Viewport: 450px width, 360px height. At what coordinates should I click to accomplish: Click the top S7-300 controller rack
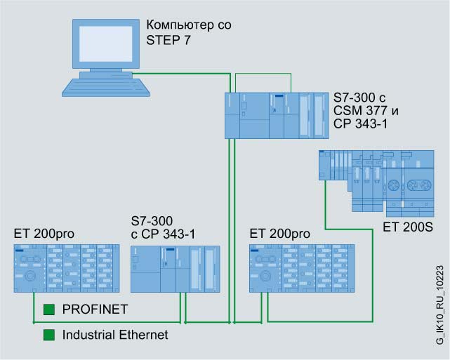click(x=273, y=115)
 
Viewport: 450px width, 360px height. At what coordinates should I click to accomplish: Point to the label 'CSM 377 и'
click(x=362, y=110)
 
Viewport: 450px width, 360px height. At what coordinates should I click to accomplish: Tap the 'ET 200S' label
click(x=407, y=227)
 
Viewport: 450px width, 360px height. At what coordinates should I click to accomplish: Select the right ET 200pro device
click(x=300, y=268)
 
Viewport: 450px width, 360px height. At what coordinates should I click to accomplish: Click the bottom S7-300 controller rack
click(x=176, y=268)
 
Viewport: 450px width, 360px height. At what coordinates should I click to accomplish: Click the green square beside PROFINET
click(x=49, y=309)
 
